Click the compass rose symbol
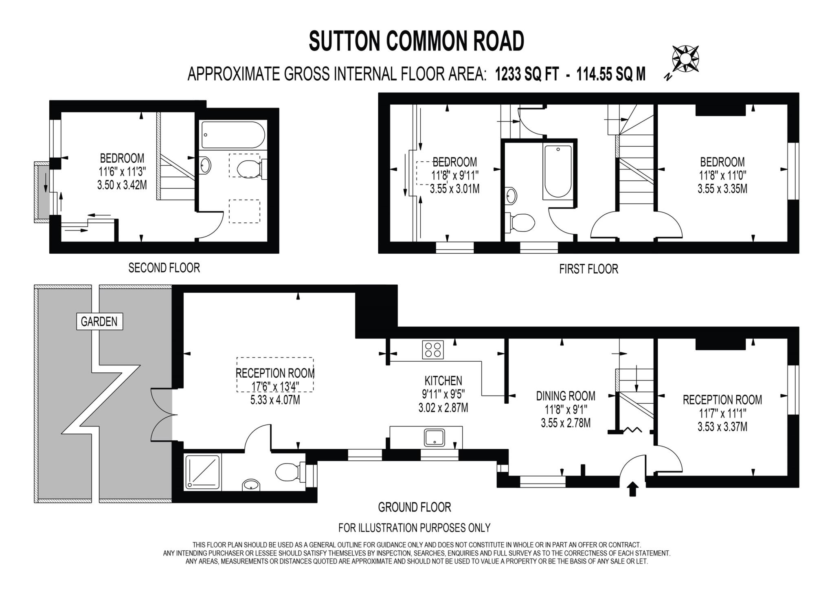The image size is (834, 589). [x=685, y=59]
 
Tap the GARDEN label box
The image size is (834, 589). [x=99, y=322]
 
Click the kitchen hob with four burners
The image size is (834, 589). [x=432, y=349]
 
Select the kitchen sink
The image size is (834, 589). [x=435, y=438]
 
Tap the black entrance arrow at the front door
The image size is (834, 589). [x=632, y=489]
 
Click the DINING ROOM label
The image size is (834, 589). [x=566, y=396]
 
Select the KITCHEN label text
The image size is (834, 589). [x=443, y=381]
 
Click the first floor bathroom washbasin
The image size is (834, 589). [x=511, y=196]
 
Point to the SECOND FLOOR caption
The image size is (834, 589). [x=164, y=268]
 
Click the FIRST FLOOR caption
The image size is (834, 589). [x=588, y=269]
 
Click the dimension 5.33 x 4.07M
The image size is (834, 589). [x=275, y=400]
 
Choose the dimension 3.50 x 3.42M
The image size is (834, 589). [x=122, y=185]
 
